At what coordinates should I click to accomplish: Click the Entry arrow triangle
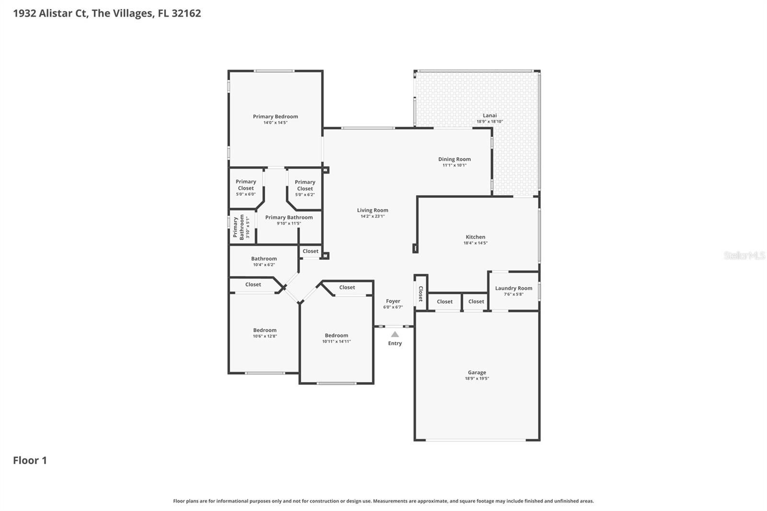click(x=395, y=334)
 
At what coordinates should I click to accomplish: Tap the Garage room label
click(x=477, y=372)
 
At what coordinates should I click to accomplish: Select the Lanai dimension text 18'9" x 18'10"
click(x=489, y=122)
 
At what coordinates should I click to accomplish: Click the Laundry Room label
click(x=513, y=289)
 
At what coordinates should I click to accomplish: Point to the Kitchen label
click(x=475, y=237)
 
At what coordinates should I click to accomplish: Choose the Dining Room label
click(x=454, y=159)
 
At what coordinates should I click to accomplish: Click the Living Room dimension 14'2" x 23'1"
click(x=372, y=216)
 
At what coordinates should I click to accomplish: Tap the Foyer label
click(x=393, y=301)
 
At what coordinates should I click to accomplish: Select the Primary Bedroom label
click(x=275, y=116)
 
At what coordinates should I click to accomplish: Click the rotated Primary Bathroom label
click(x=239, y=227)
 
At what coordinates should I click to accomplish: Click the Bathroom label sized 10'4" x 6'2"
click(x=264, y=258)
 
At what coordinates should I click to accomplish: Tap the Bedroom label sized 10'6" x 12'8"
click(x=265, y=330)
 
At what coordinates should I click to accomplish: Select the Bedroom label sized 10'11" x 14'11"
click(x=336, y=335)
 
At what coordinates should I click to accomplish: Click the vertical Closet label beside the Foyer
click(x=421, y=293)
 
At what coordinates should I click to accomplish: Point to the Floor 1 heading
click(x=30, y=460)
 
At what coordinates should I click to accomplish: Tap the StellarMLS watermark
click(x=744, y=255)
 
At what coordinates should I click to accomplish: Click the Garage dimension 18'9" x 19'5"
click(x=477, y=378)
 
